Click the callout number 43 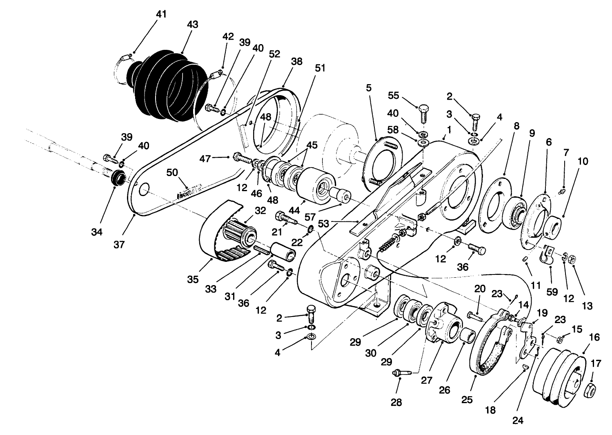pyautogui.click(x=192, y=25)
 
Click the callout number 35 pyautogui.click(x=193, y=279)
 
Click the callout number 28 pyautogui.click(x=396, y=402)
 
